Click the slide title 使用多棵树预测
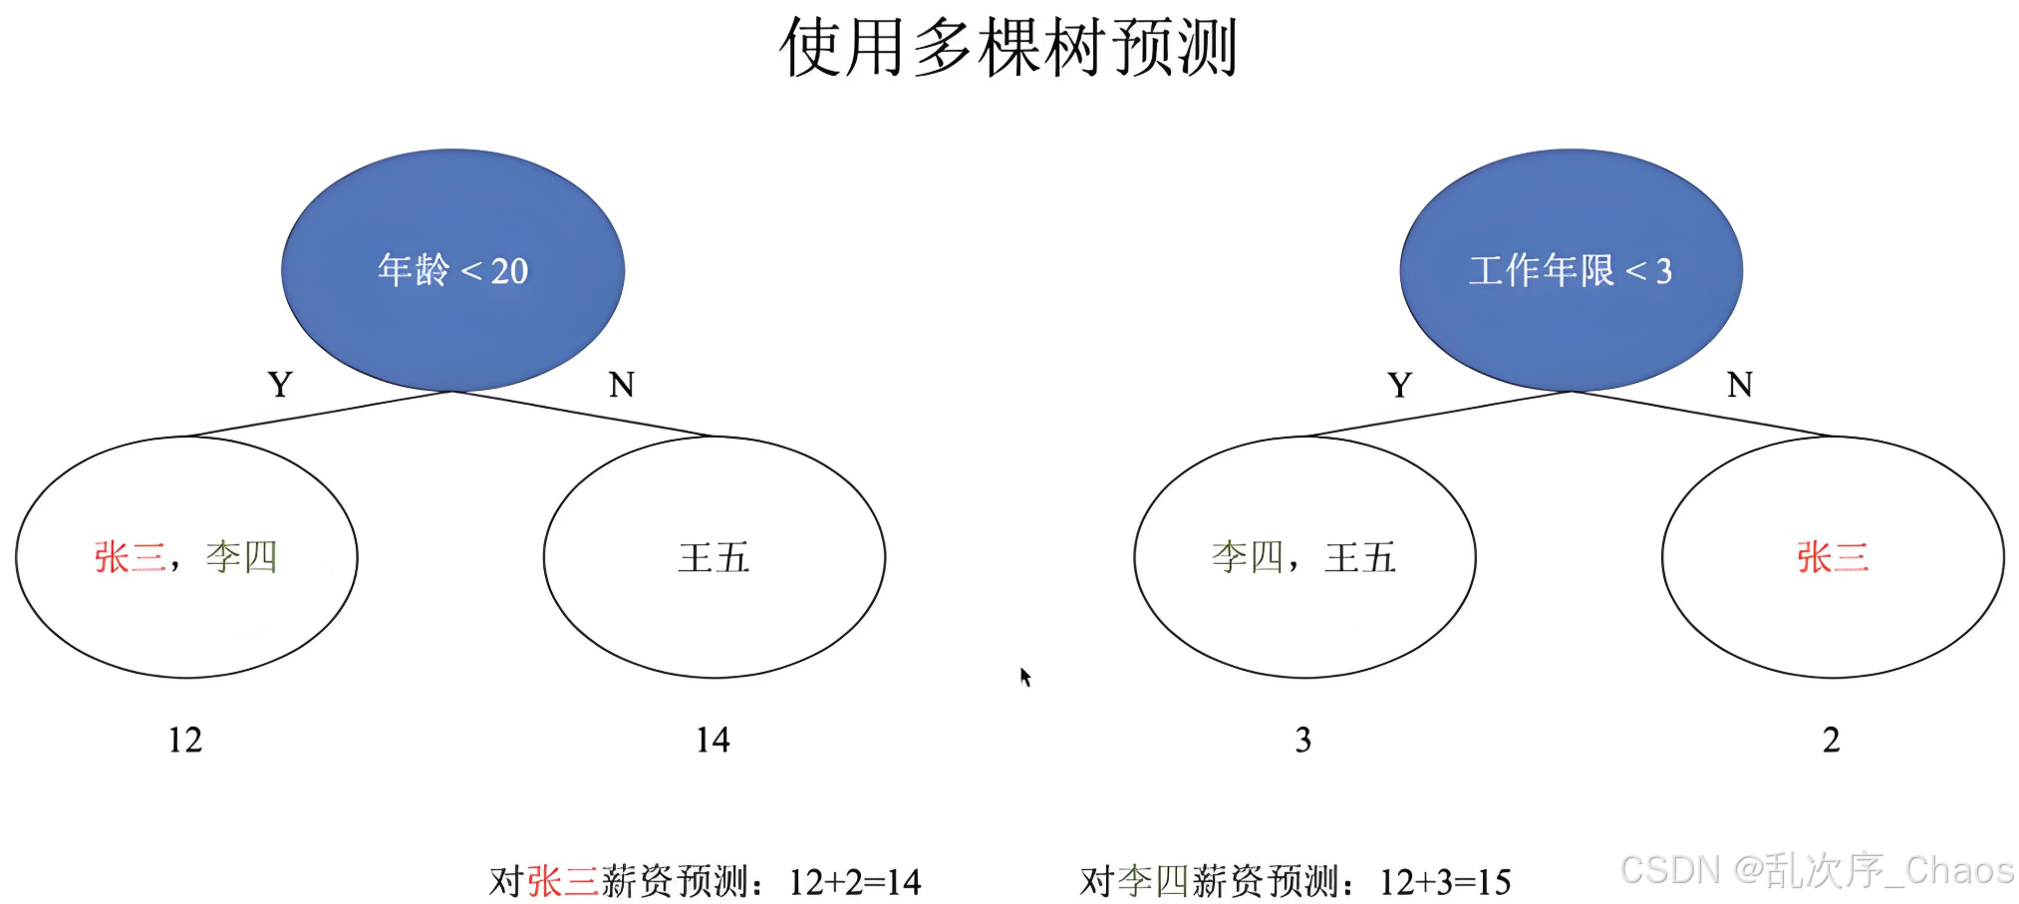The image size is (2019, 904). pyautogui.click(x=1008, y=48)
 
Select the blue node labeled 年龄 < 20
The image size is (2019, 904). pyautogui.click(x=452, y=270)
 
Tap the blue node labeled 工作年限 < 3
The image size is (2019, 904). pyautogui.click(x=1571, y=270)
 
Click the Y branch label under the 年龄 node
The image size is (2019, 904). pyautogui.click(x=280, y=385)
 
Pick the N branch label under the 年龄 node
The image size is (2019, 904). pyautogui.click(x=621, y=385)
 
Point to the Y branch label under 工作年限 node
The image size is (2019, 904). pyautogui.click(x=1399, y=385)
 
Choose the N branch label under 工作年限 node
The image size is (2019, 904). pyautogui.click(x=1739, y=385)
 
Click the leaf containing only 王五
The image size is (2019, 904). pyautogui.click(x=714, y=557)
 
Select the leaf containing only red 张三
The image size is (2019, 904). pyautogui.click(x=1833, y=557)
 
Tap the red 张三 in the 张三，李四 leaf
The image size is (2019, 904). pyautogui.click(x=130, y=557)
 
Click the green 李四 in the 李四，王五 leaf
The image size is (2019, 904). pyautogui.click(x=1248, y=557)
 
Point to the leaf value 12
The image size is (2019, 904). pyautogui.click(x=185, y=741)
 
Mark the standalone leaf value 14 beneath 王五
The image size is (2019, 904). pyautogui.click(x=713, y=741)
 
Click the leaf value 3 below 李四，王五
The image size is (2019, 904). pyautogui.click(x=1302, y=741)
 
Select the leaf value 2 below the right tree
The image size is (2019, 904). pyautogui.click(x=1831, y=741)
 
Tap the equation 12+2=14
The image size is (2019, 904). pyautogui.click(x=854, y=882)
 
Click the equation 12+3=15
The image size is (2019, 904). pyautogui.click(x=1445, y=882)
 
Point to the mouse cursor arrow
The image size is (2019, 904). pyautogui.click(x=1024, y=677)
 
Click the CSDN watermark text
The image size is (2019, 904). pyautogui.click(x=1816, y=870)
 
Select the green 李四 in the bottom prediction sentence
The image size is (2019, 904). pyautogui.click(x=1153, y=882)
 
